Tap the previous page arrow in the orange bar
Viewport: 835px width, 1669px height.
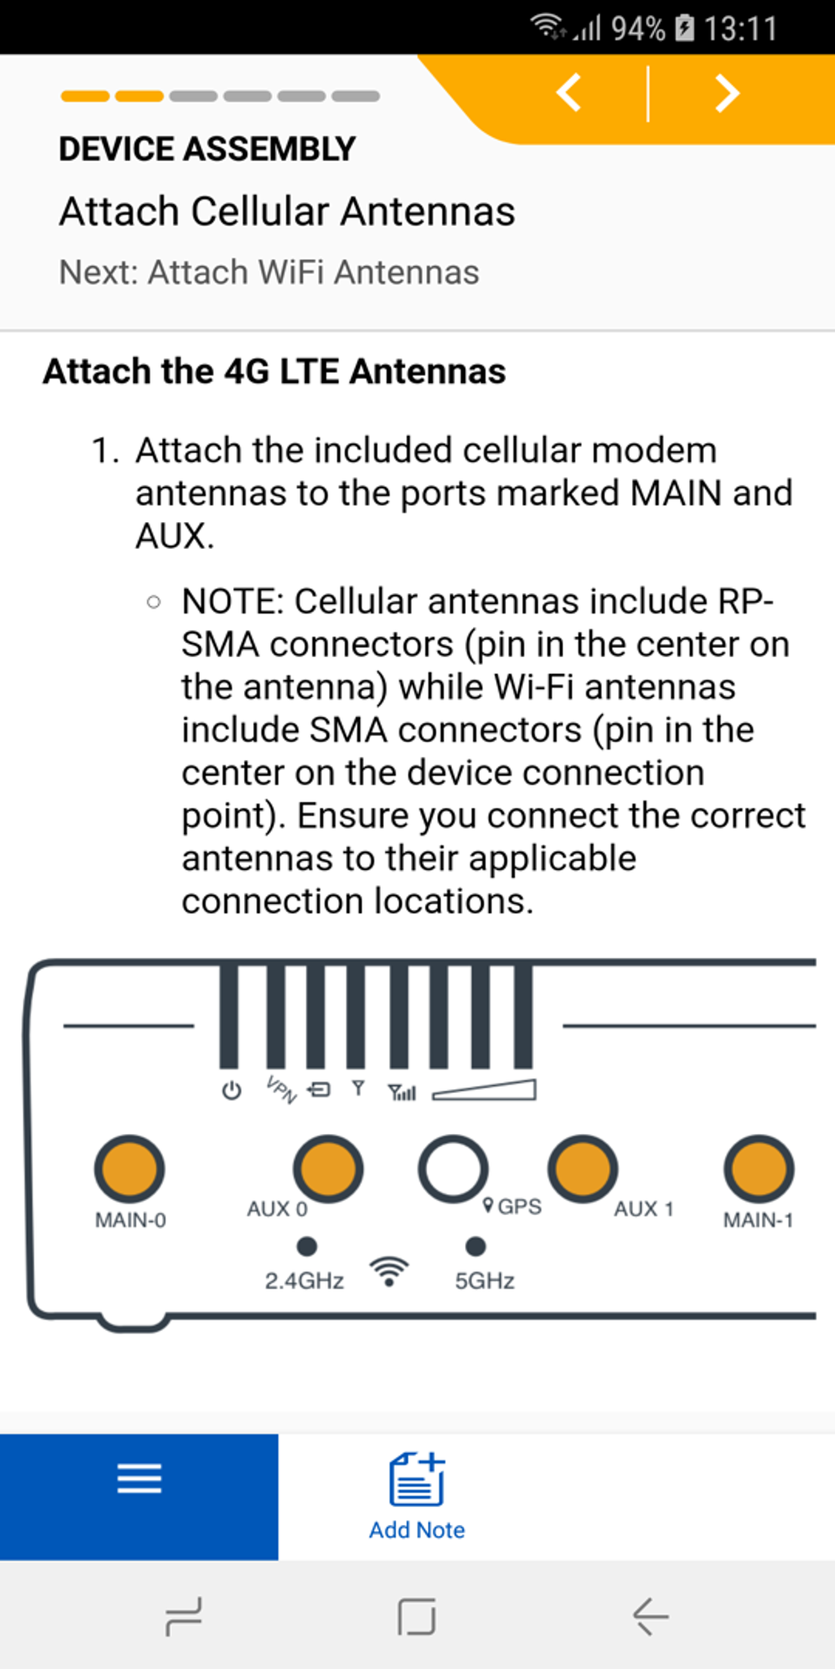click(569, 92)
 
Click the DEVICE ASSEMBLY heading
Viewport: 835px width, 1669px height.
click(207, 149)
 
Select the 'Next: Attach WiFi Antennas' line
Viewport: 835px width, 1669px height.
click(269, 272)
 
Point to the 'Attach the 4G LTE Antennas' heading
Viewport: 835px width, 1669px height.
click(274, 371)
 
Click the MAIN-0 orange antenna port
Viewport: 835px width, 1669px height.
click(129, 1168)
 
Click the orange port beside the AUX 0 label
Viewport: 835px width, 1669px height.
click(328, 1168)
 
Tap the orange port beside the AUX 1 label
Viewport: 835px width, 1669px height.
click(582, 1168)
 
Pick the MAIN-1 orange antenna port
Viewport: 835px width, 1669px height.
click(759, 1168)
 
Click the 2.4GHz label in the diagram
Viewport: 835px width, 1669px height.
click(304, 1280)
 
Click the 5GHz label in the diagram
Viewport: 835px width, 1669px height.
click(485, 1280)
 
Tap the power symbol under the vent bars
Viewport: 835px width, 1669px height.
click(232, 1091)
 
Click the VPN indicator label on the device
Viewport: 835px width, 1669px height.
click(281, 1090)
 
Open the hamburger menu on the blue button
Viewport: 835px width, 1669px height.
click(139, 1478)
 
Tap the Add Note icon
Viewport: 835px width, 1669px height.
click(417, 1479)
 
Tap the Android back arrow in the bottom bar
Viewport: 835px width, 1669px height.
click(651, 1617)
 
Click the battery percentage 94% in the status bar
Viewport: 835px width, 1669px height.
click(638, 29)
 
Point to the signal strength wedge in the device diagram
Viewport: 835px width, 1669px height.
click(485, 1091)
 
